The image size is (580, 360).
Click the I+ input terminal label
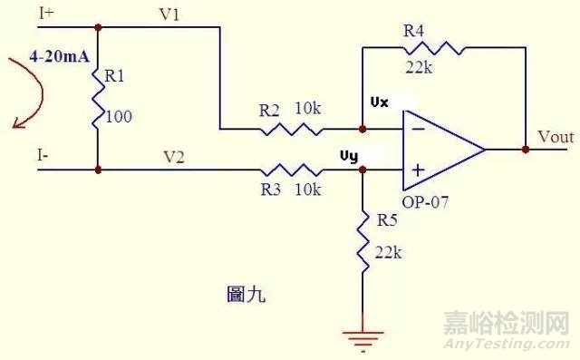click(45, 13)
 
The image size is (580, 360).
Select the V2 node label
click(174, 157)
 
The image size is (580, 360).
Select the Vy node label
click(349, 155)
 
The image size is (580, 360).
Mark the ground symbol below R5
click(362, 339)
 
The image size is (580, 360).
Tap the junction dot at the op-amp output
click(526, 149)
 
